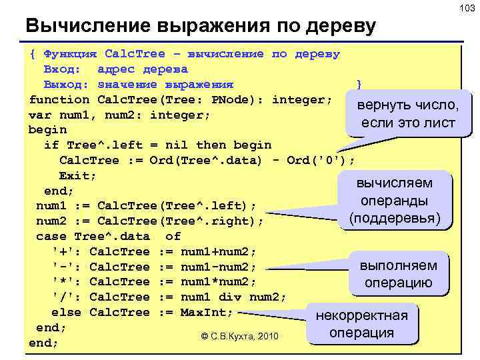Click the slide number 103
(465, 8)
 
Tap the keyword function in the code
(59, 100)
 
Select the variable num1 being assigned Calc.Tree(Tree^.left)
(51, 206)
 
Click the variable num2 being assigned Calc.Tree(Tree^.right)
(51, 221)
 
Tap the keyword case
(51, 237)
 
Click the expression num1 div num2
(233, 297)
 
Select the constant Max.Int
(207, 313)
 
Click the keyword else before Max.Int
(66, 313)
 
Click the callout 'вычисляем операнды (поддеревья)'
(395, 201)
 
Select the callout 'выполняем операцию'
(397, 274)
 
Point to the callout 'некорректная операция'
(361, 324)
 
